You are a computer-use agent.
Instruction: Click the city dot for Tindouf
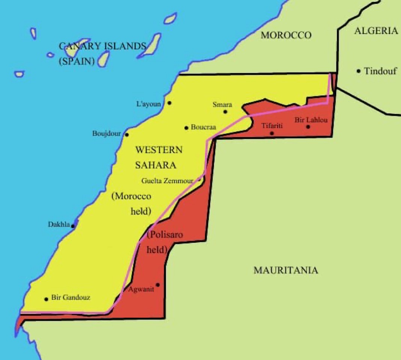tap(359, 71)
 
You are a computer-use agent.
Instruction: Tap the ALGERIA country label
tap(376, 31)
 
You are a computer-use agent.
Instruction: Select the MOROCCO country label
tap(286, 35)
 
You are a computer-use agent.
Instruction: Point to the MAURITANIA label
tap(286, 270)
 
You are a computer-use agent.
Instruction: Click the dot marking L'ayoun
tap(169, 103)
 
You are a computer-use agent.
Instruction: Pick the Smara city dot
tap(225, 111)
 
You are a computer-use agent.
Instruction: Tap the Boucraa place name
tap(203, 127)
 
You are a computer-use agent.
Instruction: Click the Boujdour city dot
tap(127, 134)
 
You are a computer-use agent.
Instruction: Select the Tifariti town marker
tap(272, 133)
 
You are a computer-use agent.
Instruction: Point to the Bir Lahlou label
tap(311, 120)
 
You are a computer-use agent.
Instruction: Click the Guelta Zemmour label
tap(167, 181)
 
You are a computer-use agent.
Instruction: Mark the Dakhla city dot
tap(73, 226)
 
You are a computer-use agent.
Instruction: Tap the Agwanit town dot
tap(157, 285)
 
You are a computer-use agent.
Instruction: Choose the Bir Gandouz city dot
tap(46, 299)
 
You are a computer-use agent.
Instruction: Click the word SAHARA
tap(156, 165)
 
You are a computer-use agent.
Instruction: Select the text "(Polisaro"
tap(165, 235)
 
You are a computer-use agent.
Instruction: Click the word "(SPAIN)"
tap(76, 61)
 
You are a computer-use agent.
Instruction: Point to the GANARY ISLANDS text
tap(102, 46)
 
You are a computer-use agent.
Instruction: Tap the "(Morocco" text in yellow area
tap(131, 196)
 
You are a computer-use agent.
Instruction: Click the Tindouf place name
tap(380, 71)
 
